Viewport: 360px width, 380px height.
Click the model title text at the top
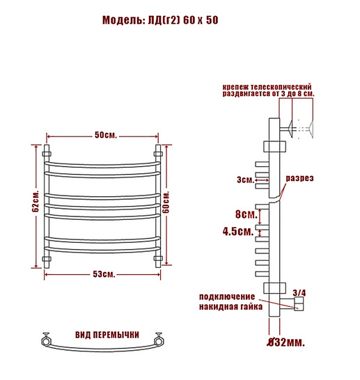pyautogui.click(x=160, y=20)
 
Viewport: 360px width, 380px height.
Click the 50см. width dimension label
pyautogui.click(x=105, y=135)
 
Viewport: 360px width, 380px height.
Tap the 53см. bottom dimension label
pyautogui.click(x=104, y=274)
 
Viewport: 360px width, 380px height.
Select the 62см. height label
pyautogui.click(x=36, y=200)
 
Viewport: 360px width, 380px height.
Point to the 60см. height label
pyautogui.click(x=166, y=202)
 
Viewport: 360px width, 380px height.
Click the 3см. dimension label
pyautogui.click(x=245, y=180)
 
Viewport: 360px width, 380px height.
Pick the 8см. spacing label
pyautogui.click(x=246, y=214)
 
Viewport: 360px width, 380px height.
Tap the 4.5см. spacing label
pyautogui.click(x=238, y=232)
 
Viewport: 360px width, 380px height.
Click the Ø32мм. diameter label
pyautogui.click(x=285, y=342)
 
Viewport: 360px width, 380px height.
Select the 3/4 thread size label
pyautogui.click(x=299, y=293)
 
